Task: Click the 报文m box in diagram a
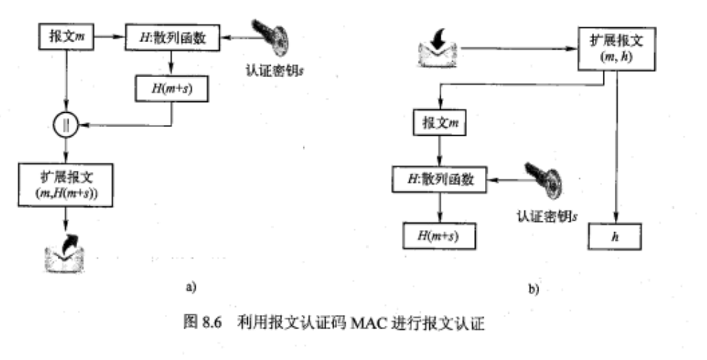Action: pyautogui.click(x=65, y=36)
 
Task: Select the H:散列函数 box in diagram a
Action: pyautogui.click(x=173, y=36)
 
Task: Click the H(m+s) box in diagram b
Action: pyautogui.click(x=438, y=234)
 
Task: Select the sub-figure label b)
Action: pyautogui.click(x=535, y=290)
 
